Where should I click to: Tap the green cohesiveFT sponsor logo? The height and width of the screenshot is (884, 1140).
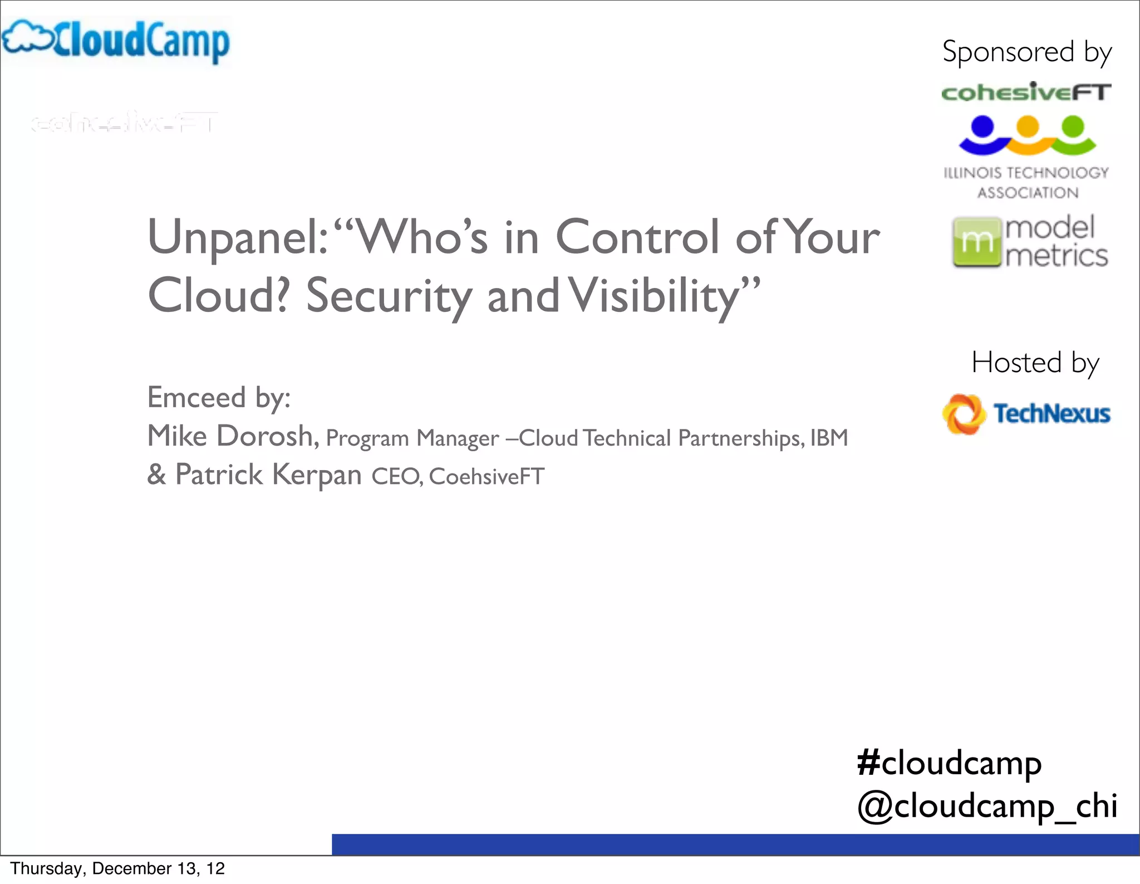[1026, 92]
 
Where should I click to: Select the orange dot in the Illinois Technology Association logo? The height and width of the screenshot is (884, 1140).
[1028, 126]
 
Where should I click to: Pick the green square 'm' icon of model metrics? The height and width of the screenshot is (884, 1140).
[975, 243]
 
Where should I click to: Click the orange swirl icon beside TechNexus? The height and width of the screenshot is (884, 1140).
[962, 414]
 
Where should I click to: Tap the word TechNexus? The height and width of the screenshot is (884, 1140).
[1051, 414]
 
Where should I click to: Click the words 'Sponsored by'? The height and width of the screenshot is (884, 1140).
[1027, 52]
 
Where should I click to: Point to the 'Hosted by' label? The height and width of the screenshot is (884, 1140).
[1035, 363]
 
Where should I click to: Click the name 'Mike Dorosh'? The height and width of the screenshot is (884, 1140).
[232, 436]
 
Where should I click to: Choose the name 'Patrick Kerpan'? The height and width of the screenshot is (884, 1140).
[268, 475]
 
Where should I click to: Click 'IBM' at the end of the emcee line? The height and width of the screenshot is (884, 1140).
[829, 438]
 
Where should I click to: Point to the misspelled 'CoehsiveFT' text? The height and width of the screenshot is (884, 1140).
[487, 477]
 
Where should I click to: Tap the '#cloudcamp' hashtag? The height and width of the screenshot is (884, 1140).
[949, 763]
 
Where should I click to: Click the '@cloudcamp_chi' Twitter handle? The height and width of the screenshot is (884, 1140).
[987, 806]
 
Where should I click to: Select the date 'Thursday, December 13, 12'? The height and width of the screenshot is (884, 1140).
[117, 868]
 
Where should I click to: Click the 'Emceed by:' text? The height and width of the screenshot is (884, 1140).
[219, 398]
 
